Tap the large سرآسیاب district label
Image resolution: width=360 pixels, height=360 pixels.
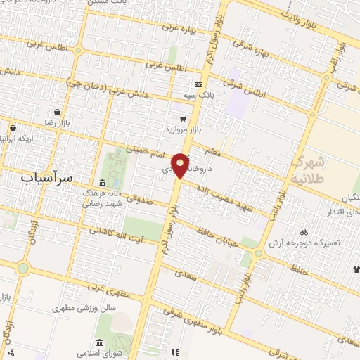point(46,178)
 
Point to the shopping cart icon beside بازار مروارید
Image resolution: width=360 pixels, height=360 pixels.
point(183,119)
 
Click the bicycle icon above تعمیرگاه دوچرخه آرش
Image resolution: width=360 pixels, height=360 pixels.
point(304,231)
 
